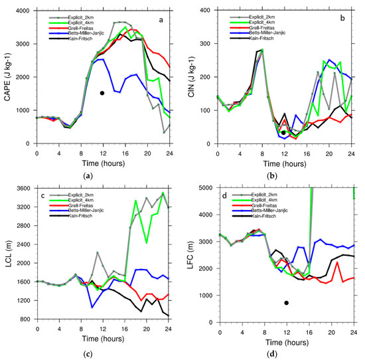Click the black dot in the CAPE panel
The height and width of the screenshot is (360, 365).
102,93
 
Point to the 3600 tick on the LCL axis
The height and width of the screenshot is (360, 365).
24,188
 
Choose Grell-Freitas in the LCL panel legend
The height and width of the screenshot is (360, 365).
84,208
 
